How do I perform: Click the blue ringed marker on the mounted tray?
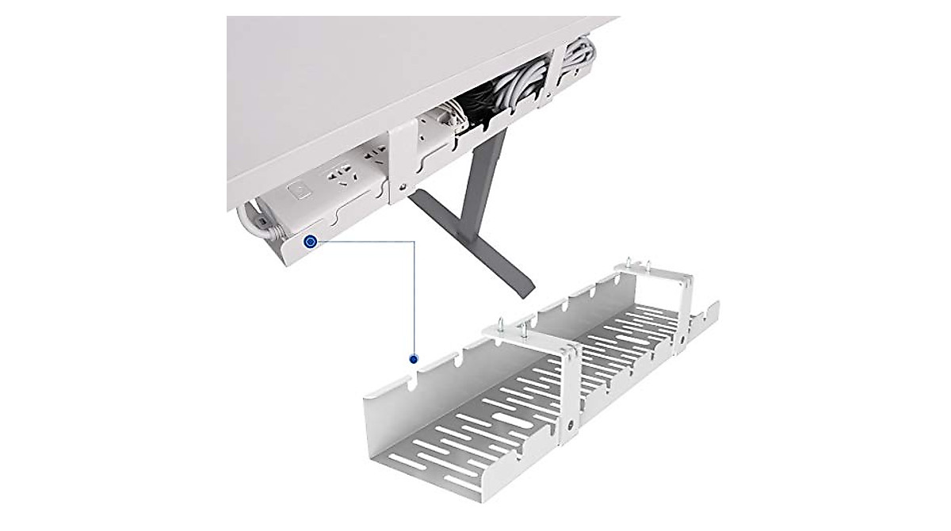point(311,241)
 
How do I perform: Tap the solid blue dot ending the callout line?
point(413,359)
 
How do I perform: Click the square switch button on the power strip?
point(300,191)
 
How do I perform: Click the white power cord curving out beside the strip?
point(252,222)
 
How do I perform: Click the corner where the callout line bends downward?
point(414,241)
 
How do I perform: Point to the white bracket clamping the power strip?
point(399,159)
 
